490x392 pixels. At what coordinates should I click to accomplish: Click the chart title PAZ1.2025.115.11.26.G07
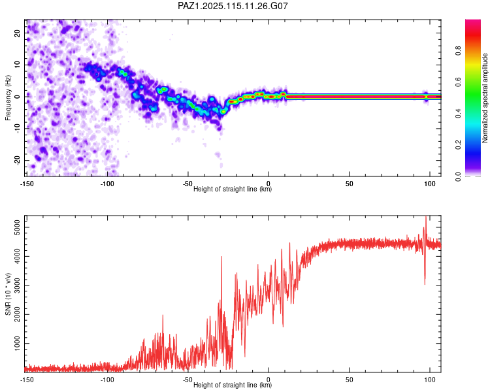233,6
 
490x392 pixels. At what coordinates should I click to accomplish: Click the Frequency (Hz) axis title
8,98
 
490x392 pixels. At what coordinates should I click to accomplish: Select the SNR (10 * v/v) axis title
8,294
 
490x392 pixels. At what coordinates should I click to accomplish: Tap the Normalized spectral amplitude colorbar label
485,98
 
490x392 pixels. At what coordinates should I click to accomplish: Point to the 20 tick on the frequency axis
17,33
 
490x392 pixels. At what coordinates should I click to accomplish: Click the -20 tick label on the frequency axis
17,160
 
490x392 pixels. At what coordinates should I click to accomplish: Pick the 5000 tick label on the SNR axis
17,227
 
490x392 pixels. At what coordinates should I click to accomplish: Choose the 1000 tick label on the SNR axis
17,344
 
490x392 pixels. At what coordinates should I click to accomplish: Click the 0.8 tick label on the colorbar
458,50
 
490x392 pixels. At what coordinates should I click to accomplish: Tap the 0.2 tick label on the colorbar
458,145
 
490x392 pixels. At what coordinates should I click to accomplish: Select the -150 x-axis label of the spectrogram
27,184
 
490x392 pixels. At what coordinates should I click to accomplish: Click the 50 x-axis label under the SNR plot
350,379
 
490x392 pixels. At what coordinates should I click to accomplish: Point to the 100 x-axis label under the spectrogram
430,184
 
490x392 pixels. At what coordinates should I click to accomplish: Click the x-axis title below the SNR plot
233,385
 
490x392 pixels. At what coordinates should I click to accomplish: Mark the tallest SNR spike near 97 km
425,216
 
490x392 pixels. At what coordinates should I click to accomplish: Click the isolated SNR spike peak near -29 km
221,257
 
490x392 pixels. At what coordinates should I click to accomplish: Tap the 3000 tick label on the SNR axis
17,286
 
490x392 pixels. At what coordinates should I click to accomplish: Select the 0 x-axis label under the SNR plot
269,379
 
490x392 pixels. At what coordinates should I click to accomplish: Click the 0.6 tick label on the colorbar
458,82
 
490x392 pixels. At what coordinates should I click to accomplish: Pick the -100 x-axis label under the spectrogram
107,184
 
